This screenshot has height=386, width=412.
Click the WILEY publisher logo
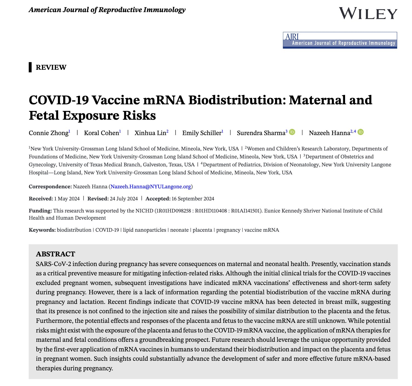tap(368, 13)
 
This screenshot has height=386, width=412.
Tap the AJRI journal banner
tap(340, 40)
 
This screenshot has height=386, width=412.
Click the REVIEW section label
tap(51, 67)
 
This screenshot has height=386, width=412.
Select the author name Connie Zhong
tap(49, 133)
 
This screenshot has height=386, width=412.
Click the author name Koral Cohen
tap(101, 133)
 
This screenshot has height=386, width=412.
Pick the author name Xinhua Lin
tap(150, 133)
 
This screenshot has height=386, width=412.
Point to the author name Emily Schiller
tap(202, 133)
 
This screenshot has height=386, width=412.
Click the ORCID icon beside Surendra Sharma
tap(292, 132)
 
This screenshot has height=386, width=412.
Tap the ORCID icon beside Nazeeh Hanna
tap(361, 132)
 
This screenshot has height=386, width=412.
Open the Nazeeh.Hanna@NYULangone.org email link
tap(151, 187)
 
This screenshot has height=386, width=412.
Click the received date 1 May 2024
tap(67, 198)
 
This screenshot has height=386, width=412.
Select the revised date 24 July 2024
tap(124, 198)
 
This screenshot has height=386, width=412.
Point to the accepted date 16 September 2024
tap(193, 198)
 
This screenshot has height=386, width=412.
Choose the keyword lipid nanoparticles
tap(145, 230)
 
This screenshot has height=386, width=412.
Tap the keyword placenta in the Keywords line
tap(202, 230)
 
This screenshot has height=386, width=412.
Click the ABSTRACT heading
tap(55, 254)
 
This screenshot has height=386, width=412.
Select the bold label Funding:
tap(40, 211)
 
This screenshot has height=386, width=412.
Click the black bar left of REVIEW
tap(30, 67)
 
